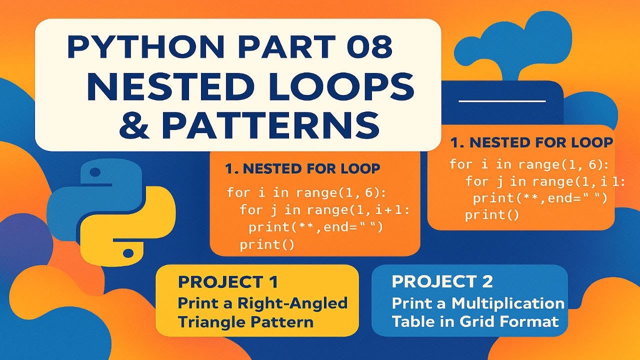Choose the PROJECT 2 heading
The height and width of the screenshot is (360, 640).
442,281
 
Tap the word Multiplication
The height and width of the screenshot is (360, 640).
508,303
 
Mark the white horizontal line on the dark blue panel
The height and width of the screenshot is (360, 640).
501,101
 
